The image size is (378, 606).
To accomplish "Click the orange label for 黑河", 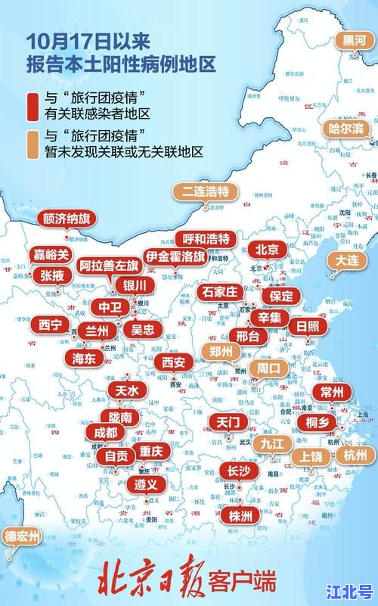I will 352,39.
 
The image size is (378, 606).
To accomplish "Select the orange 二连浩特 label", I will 204,191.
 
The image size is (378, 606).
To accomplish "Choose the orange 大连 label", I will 347,260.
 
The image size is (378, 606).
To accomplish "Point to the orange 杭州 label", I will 354,455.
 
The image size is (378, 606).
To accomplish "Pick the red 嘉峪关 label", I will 51,254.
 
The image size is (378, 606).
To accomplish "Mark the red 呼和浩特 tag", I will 206,239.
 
